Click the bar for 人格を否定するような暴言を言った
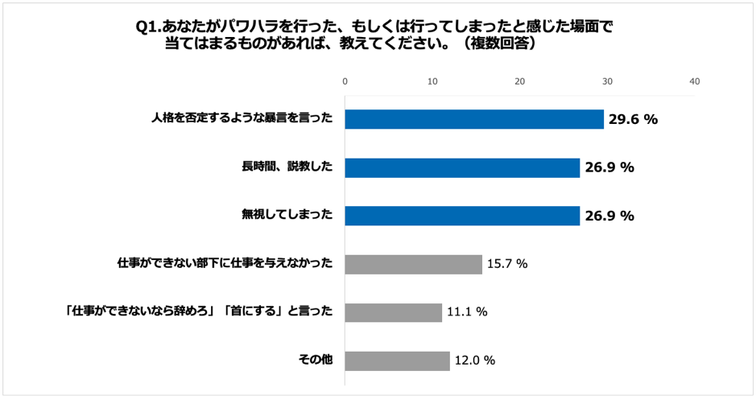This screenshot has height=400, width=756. click(x=474, y=119)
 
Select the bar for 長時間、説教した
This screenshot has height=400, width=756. click(x=462, y=167)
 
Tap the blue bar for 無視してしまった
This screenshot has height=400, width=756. click(x=462, y=216)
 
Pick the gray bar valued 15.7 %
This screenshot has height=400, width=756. click(x=413, y=264)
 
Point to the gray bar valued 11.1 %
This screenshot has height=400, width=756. click(x=394, y=312)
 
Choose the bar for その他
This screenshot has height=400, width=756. click(x=397, y=361)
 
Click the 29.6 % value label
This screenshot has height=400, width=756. click(x=633, y=119)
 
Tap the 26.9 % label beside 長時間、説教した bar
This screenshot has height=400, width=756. click(x=609, y=167)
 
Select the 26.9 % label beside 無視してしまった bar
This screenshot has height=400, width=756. click(x=609, y=216)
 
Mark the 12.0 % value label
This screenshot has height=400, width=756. click(x=475, y=361)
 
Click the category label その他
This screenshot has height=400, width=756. click(x=315, y=360)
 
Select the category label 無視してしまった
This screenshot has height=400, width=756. click(x=287, y=215)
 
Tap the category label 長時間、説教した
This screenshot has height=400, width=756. click(x=287, y=167)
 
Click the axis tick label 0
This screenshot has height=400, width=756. click(x=345, y=81)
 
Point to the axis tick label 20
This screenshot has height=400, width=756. click(x=520, y=81)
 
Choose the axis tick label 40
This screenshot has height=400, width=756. click(x=695, y=81)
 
